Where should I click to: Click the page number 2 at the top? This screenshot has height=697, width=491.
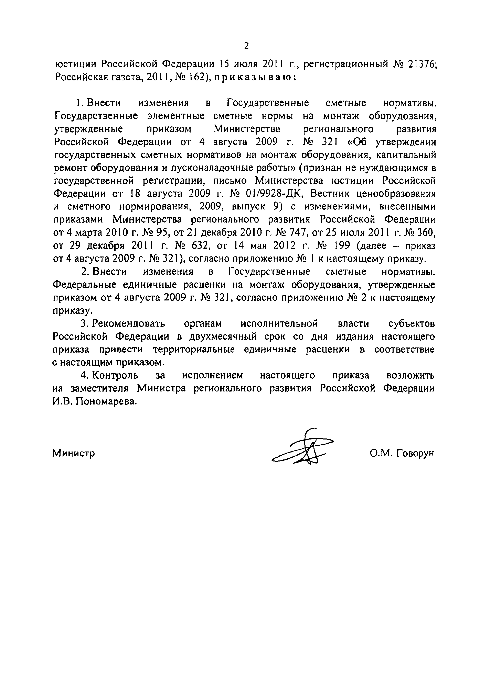coord(246,46)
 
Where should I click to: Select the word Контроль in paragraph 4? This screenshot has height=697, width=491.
coord(115,376)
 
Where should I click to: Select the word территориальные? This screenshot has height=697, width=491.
coord(194,350)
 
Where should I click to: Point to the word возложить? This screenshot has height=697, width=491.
coord(410,376)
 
